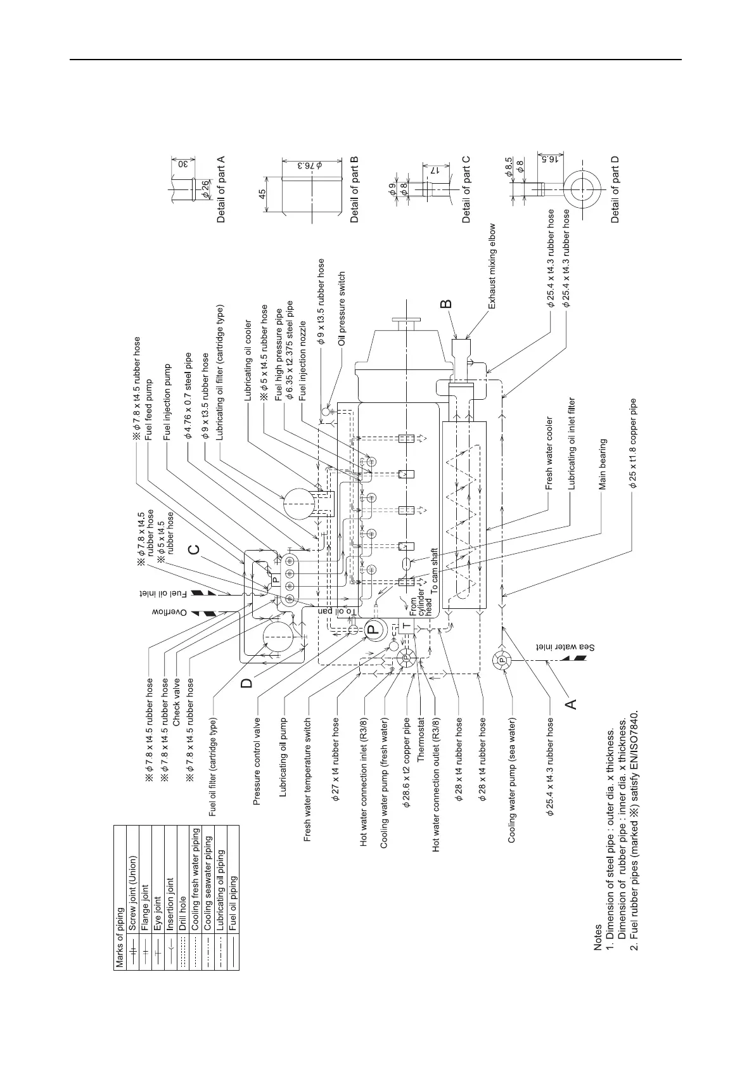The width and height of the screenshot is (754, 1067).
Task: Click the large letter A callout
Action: pyautogui.click(x=570, y=703)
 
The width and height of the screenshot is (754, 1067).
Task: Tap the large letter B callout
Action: pyautogui.click(x=447, y=305)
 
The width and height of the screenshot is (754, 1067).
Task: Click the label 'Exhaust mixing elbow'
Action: pyautogui.click(x=492, y=266)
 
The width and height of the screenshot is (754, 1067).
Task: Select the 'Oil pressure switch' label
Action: pyautogui.click(x=342, y=309)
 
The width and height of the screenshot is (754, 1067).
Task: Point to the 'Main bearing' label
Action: pyautogui.click(x=603, y=464)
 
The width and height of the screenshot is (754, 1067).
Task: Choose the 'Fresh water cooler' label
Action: pyautogui.click(x=549, y=453)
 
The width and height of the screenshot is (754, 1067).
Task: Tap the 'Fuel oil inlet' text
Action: pyautogui.click(x=165, y=594)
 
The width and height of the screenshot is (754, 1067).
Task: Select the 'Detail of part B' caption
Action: pyautogui.click(x=355, y=189)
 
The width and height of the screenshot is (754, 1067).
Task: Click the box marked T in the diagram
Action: pyautogui.click(x=406, y=626)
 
